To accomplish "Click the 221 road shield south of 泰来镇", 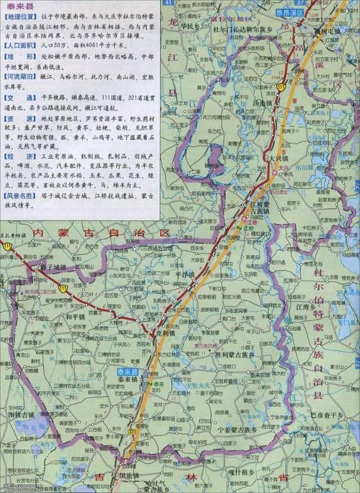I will coord(130,433).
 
